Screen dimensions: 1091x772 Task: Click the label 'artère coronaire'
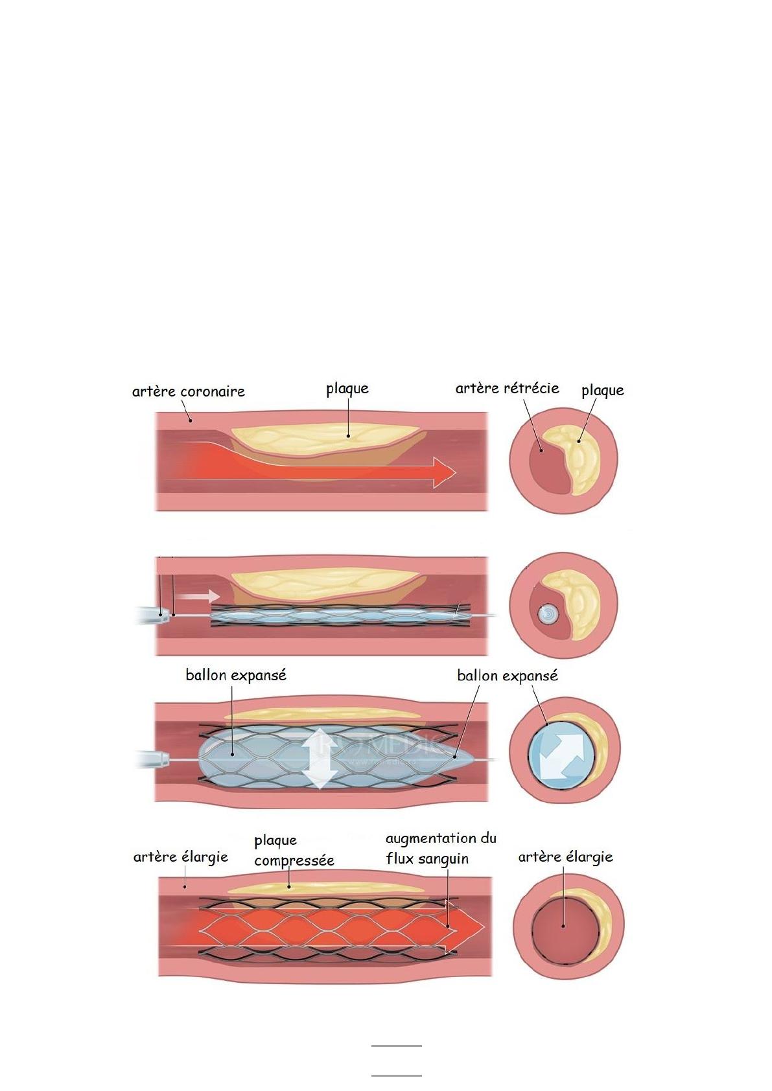click(x=188, y=391)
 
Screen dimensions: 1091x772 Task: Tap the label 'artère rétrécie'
click(x=507, y=388)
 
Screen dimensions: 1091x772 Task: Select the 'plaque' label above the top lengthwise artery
click(x=347, y=389)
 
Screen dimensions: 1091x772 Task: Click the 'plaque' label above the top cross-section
click(x=602, y=390)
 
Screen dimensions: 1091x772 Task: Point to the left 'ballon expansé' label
click(x=235, y=675)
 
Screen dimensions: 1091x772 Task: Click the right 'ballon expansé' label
click(x=507, y=676)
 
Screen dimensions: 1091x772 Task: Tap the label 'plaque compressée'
click(x=294, y=851)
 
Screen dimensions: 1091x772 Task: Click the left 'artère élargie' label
click(x=180, y=857)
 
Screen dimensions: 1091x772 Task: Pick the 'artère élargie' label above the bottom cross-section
click(x=565, y=857)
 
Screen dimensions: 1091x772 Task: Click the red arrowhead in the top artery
click(x=443, y=472)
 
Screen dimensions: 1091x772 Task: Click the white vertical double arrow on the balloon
click(x=320, y=759)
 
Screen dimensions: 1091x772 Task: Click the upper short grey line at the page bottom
click(x=396, y=1046)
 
